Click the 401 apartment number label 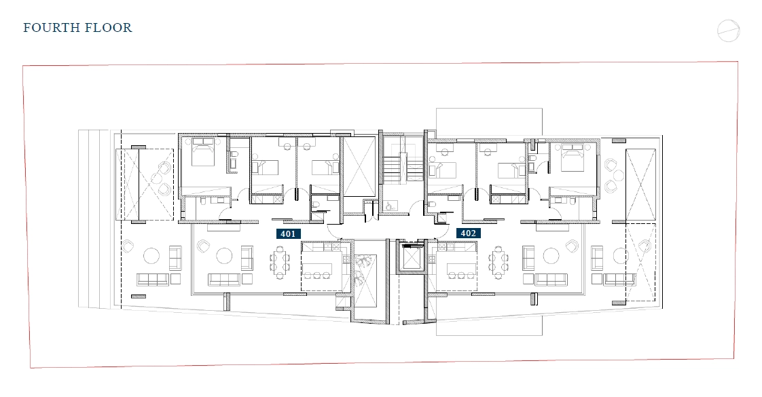288,234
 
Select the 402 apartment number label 469,233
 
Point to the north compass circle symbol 729,31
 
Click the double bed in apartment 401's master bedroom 203,152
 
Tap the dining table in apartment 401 279,263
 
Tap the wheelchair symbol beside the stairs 388,206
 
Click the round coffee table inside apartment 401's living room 225,256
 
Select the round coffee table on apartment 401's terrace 151,256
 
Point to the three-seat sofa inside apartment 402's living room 551,279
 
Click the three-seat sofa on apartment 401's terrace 153,279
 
